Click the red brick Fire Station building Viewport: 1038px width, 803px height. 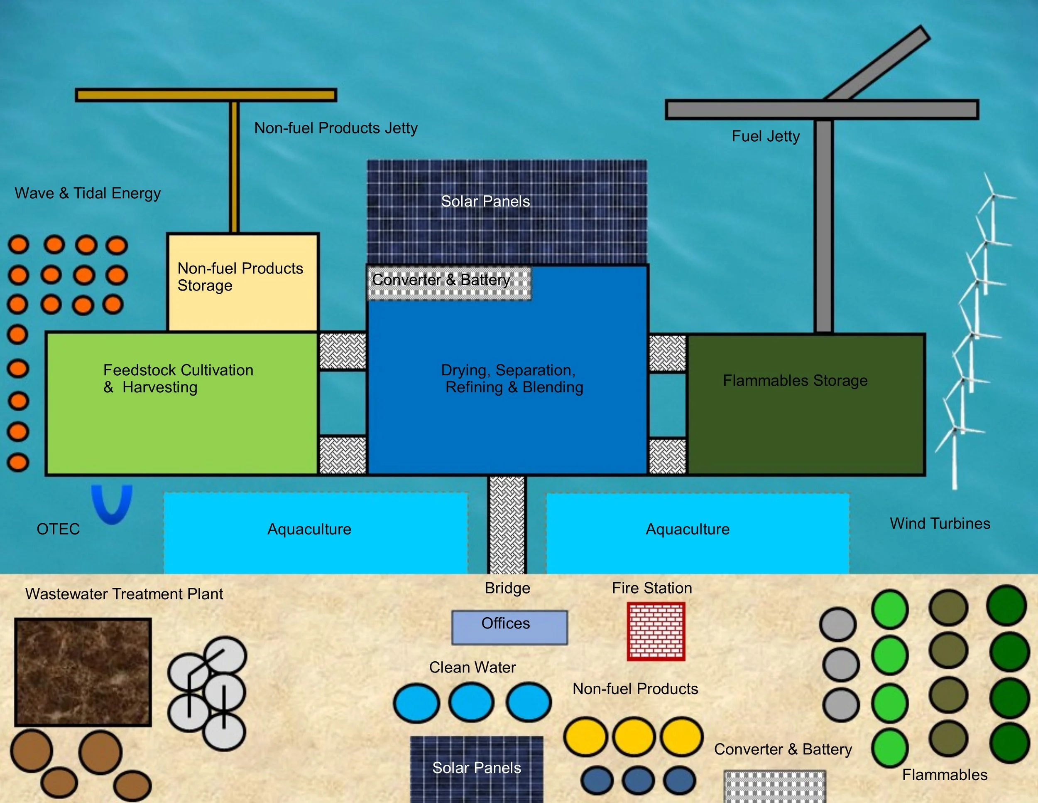(x=656, y=631)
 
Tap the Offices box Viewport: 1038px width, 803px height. (x=509, y=628)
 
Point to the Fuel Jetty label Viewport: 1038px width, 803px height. (x=766, y=136)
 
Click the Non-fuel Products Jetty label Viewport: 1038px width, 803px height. (x=335, y=128)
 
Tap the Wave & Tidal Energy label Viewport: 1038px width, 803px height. (x=88, y=193)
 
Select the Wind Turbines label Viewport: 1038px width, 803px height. (x=940, y=523)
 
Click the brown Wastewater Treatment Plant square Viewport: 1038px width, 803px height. (x=83, y=672)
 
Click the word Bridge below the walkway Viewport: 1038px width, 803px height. (x=507, y=588)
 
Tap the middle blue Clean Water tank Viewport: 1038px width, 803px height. (x=471, y=702)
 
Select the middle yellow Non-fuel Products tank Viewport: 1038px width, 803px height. (x=634, y=736)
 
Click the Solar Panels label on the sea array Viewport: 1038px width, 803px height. (x=485, y=201)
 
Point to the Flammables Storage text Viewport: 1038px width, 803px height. (x=795, y=381)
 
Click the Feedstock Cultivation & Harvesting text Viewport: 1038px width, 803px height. (x=178, y=378)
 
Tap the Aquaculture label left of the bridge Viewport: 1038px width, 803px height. (x=309, y=529)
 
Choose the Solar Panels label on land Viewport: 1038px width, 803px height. (x=476, y=767)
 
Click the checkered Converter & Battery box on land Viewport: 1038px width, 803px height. (x=775, y=786)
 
